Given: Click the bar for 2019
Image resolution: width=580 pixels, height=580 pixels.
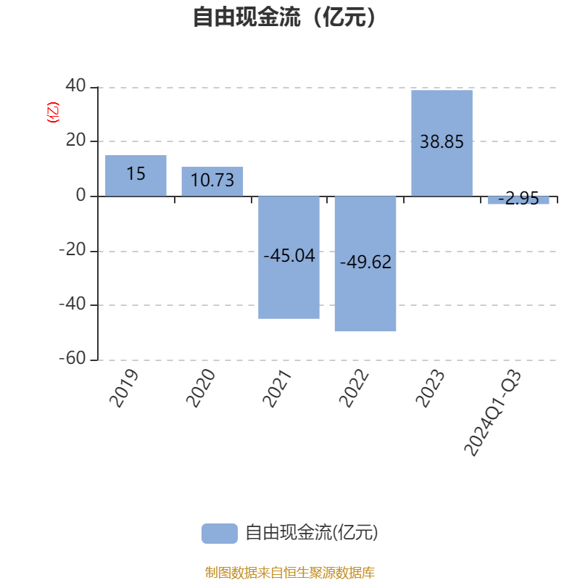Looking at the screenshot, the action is coord(136,175).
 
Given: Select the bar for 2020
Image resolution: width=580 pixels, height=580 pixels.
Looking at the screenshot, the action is coord(212,181).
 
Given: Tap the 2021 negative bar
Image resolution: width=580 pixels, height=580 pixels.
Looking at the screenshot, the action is coord(289,257).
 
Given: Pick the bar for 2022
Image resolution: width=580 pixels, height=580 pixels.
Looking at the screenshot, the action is coord(365,263).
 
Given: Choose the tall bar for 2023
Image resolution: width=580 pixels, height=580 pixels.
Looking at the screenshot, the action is coord(442,143).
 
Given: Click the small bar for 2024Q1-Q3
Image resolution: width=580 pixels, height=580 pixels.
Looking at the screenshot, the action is coord(518,200).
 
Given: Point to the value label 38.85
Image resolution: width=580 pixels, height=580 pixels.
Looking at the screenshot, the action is coord(442,142).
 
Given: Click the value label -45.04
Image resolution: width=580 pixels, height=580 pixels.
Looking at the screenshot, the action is coord(289,255).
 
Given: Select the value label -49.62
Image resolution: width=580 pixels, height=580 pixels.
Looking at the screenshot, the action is coord(365,262).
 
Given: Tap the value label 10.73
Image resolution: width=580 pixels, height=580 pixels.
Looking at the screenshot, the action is coord(212,181).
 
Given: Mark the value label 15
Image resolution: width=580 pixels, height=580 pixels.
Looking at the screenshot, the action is coord(136,174).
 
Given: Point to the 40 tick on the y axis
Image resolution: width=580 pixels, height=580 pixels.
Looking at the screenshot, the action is coord(75,87).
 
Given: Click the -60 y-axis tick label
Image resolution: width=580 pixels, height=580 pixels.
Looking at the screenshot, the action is coord(72,360).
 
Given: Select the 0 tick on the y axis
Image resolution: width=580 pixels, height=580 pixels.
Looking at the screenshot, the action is coord(80,196).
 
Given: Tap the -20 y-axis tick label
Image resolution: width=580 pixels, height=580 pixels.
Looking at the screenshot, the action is coord(72,250).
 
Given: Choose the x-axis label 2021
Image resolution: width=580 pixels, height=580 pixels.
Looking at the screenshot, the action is coord(277,389).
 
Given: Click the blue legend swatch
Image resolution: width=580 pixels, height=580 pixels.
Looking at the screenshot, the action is coord(219,533).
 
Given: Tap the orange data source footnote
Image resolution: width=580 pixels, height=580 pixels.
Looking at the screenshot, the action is coord(289,573).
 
